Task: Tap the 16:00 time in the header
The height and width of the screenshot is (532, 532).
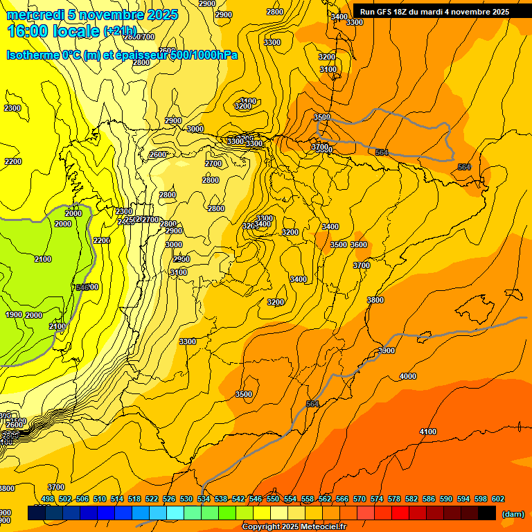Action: tap(28, 31)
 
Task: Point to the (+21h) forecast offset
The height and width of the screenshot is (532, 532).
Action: tap(121, 32)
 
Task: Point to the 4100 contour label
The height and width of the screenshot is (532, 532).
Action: tap(428, 432)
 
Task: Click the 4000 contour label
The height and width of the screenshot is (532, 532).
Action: tap(408, 376)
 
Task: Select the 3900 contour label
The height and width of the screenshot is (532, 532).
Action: tap(387, 351)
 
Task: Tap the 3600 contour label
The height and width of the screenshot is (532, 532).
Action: tap(359, 245)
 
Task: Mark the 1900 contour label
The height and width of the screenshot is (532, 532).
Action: tap(14, 314)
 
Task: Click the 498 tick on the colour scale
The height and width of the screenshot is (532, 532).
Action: tap(48, 499)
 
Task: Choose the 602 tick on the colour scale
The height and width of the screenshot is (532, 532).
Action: tap(498, 499)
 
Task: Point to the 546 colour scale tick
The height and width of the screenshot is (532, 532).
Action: tap(256, 499)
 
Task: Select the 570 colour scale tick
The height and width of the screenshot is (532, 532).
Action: tap(360, 499)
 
